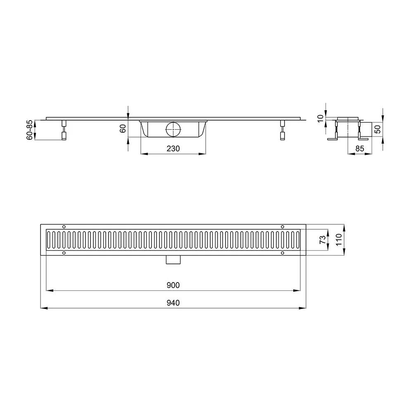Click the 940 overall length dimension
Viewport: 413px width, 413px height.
pos(173,303)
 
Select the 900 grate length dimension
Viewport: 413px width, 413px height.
pos(173,285)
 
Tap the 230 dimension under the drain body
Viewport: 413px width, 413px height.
pos(173,149)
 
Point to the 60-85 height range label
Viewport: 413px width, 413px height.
pos(30,130)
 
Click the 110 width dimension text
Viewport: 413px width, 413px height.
pos(339,240)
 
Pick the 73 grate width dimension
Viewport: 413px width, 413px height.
pos(323,240)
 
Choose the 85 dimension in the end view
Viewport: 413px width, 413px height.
pos(360,149)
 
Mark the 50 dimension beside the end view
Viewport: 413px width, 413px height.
pos(378,129)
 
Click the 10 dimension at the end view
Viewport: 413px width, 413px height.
pos(320,119)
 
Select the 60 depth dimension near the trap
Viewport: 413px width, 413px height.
pos(123,128)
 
